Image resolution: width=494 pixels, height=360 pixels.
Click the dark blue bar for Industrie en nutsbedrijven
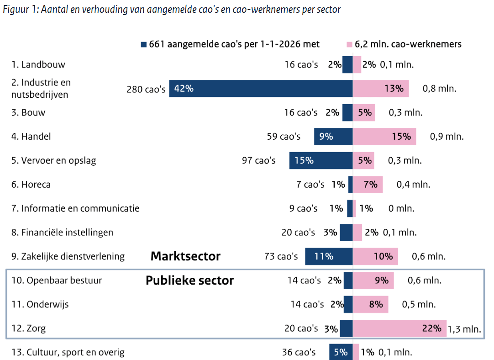point(260,89)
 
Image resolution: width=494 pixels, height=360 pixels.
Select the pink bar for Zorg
point(399,328)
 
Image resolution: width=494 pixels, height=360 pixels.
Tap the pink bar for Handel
point(384,136)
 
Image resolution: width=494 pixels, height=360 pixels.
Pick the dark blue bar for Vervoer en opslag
point(321,160)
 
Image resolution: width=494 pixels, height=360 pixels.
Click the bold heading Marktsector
point(185,256)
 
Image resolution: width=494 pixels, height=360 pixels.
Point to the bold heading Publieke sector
point(189,281)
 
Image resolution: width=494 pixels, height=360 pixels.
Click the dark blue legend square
point(144,44)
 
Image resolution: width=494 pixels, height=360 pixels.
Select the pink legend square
point(349,44)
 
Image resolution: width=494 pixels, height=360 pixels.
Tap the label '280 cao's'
point(146,89)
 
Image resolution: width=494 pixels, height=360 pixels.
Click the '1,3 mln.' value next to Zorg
point(465,328)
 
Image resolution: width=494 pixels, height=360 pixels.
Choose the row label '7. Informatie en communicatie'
point(75,208)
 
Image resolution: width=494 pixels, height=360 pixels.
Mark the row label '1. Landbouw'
point(39,64)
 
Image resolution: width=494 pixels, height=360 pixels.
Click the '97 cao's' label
point(259,160)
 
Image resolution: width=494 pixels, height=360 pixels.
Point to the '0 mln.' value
point(401,208)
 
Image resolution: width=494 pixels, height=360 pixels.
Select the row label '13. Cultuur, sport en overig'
point(68,352)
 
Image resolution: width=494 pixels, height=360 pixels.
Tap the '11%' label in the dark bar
point(324,256)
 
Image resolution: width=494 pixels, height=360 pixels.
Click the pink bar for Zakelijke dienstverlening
point(375,256)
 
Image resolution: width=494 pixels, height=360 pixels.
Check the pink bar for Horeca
point(368,185)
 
